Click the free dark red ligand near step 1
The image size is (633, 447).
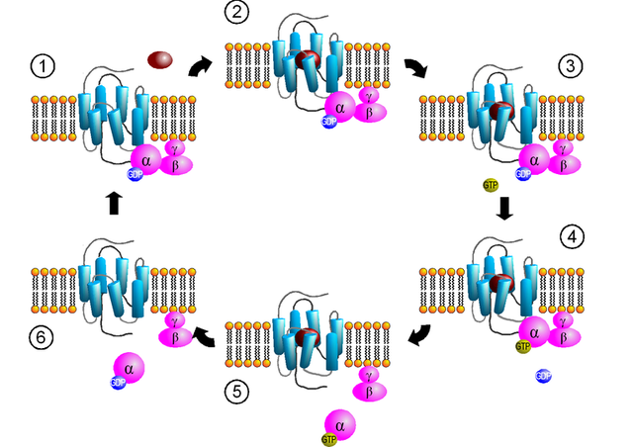point(161,61)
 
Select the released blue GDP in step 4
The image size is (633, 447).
point(543,375)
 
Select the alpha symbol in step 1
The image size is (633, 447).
point(143,158)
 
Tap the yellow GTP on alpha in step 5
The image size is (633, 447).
point(327,437)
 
